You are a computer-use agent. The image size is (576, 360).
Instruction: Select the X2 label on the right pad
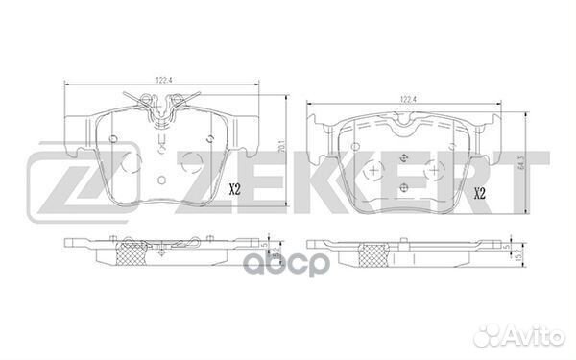click(479, 195)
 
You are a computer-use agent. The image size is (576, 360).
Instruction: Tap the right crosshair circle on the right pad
click(438, 169)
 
